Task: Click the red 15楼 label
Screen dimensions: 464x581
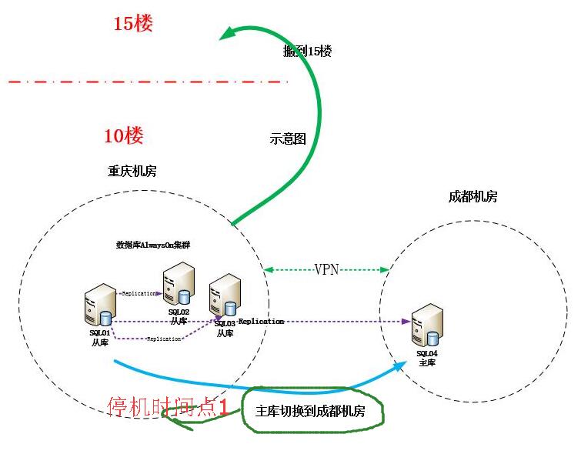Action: (133, 24)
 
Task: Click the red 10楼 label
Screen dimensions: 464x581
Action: (124, 137)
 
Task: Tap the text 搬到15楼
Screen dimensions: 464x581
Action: (307, 52)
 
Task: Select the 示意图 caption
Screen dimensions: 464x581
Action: (288, 139)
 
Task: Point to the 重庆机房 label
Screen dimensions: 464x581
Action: (132, 172)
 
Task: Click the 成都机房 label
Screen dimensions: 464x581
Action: (472, 197)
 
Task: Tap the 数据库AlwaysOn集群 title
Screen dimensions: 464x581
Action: (153, 245)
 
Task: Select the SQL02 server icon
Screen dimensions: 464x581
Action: (179, 285)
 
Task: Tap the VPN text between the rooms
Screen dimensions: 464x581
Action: (326, 269)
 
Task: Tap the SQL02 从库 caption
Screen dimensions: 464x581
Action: (179, 316)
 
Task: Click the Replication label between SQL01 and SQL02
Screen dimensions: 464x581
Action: (139, 294)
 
